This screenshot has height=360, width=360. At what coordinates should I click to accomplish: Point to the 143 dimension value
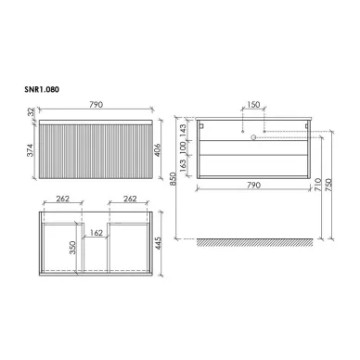click(182, 128)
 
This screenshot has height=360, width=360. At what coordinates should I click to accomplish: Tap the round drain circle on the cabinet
click(251, 135)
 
